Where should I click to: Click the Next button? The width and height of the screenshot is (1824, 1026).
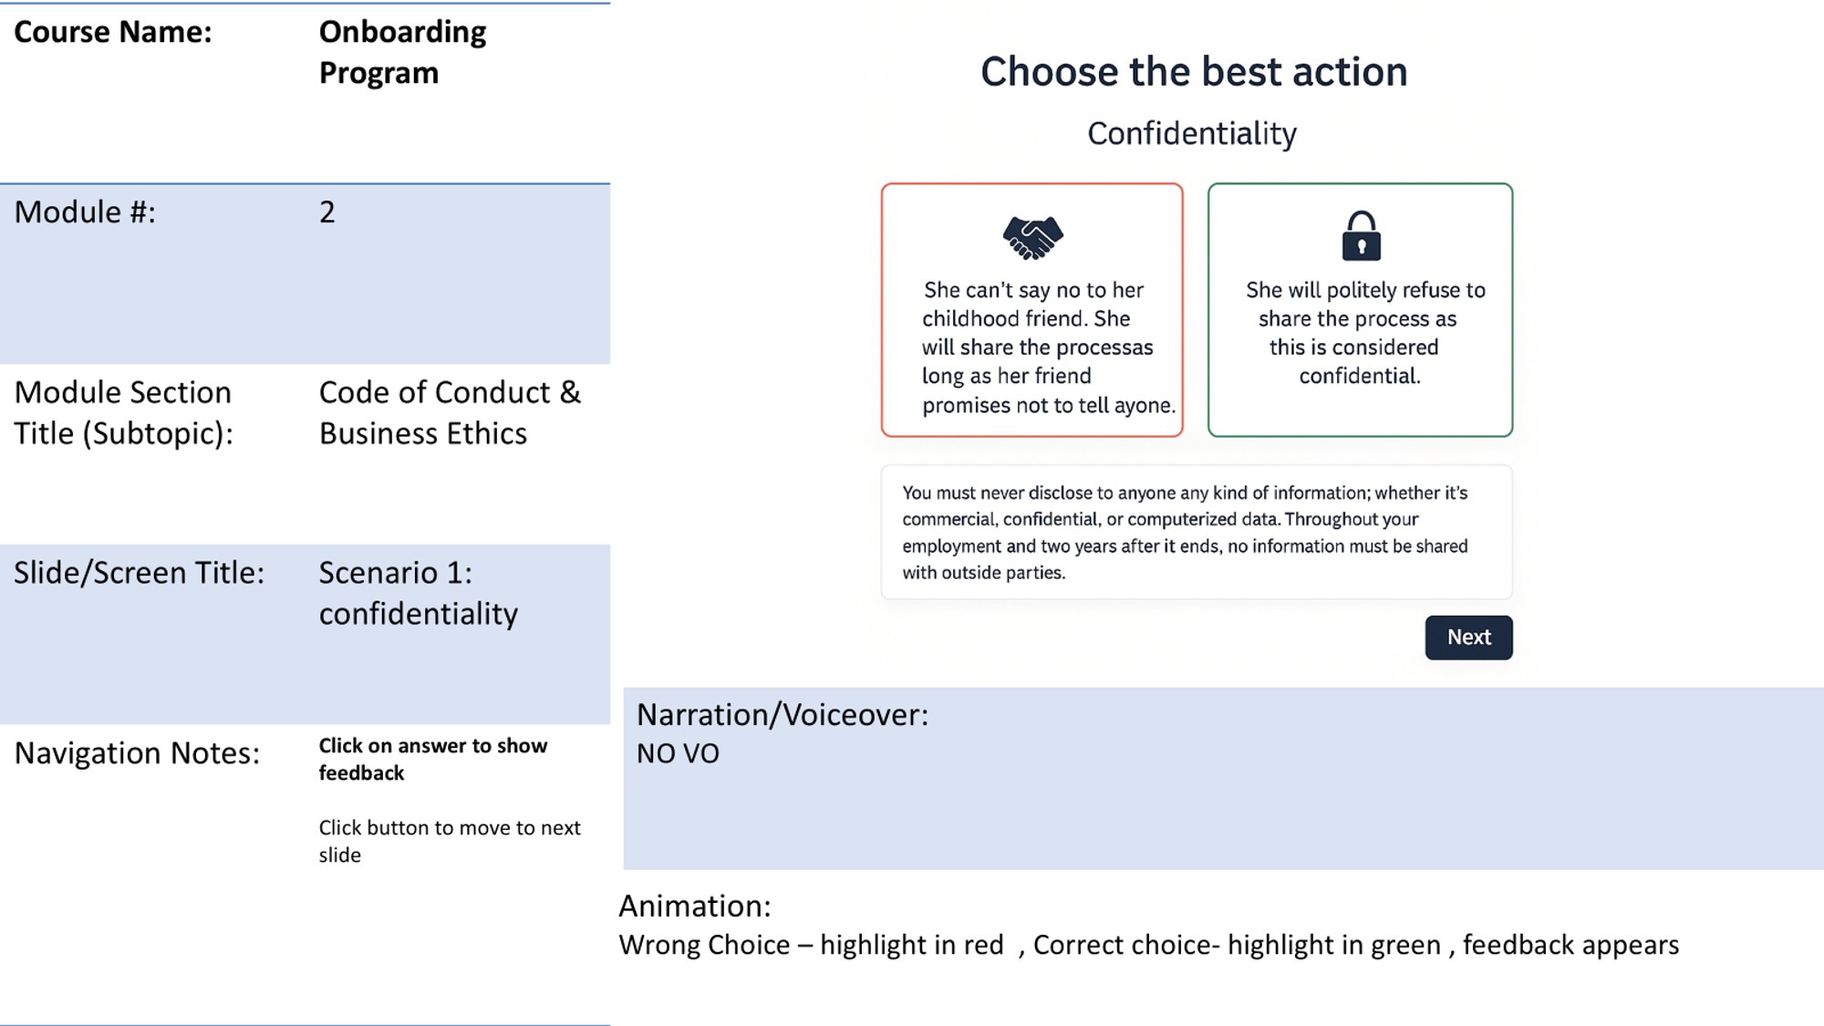pos(1468,637)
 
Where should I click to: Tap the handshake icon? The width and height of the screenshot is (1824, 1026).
pos(1032,237)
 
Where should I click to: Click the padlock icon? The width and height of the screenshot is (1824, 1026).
pos(1361,236)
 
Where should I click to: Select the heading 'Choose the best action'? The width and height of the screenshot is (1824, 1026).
pos(1194,72)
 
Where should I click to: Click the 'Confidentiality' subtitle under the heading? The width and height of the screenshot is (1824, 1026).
pos(1192,134)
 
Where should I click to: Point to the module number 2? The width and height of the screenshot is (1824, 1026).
pos(327,212)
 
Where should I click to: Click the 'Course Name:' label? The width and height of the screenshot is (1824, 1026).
pos(113,33)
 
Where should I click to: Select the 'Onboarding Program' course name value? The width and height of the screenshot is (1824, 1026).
pos(402,52)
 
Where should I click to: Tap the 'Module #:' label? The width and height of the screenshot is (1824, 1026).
pos(85,212)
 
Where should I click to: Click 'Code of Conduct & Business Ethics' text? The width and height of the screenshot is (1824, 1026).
pos(450,412)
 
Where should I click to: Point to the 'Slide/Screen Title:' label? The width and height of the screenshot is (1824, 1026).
pos(139,573)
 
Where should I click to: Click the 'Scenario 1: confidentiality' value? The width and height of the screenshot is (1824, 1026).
pos(418,593)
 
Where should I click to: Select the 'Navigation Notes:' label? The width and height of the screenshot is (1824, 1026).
pos(137,753)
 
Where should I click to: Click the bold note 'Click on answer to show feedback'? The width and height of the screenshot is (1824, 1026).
pos(432,759)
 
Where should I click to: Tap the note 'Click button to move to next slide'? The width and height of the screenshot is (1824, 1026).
pos(449,841)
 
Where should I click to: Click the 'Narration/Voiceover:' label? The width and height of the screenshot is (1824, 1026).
pos(782,715)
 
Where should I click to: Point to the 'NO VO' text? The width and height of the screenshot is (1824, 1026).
pos(678,754)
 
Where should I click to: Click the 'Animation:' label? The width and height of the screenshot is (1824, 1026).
pos(694,907)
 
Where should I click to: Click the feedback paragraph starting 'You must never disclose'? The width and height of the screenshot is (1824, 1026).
pos(1185,533)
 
